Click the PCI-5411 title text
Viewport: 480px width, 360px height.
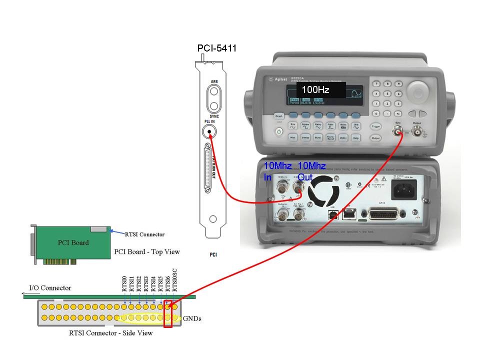216,48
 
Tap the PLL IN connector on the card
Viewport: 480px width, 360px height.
209,132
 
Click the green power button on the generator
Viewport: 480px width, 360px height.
279,131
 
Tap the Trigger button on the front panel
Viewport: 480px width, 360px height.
376,127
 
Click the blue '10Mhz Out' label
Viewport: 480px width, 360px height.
311,171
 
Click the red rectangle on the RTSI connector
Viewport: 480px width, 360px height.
168,312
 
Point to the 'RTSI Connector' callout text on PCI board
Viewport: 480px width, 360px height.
144,234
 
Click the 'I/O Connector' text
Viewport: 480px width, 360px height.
50,288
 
